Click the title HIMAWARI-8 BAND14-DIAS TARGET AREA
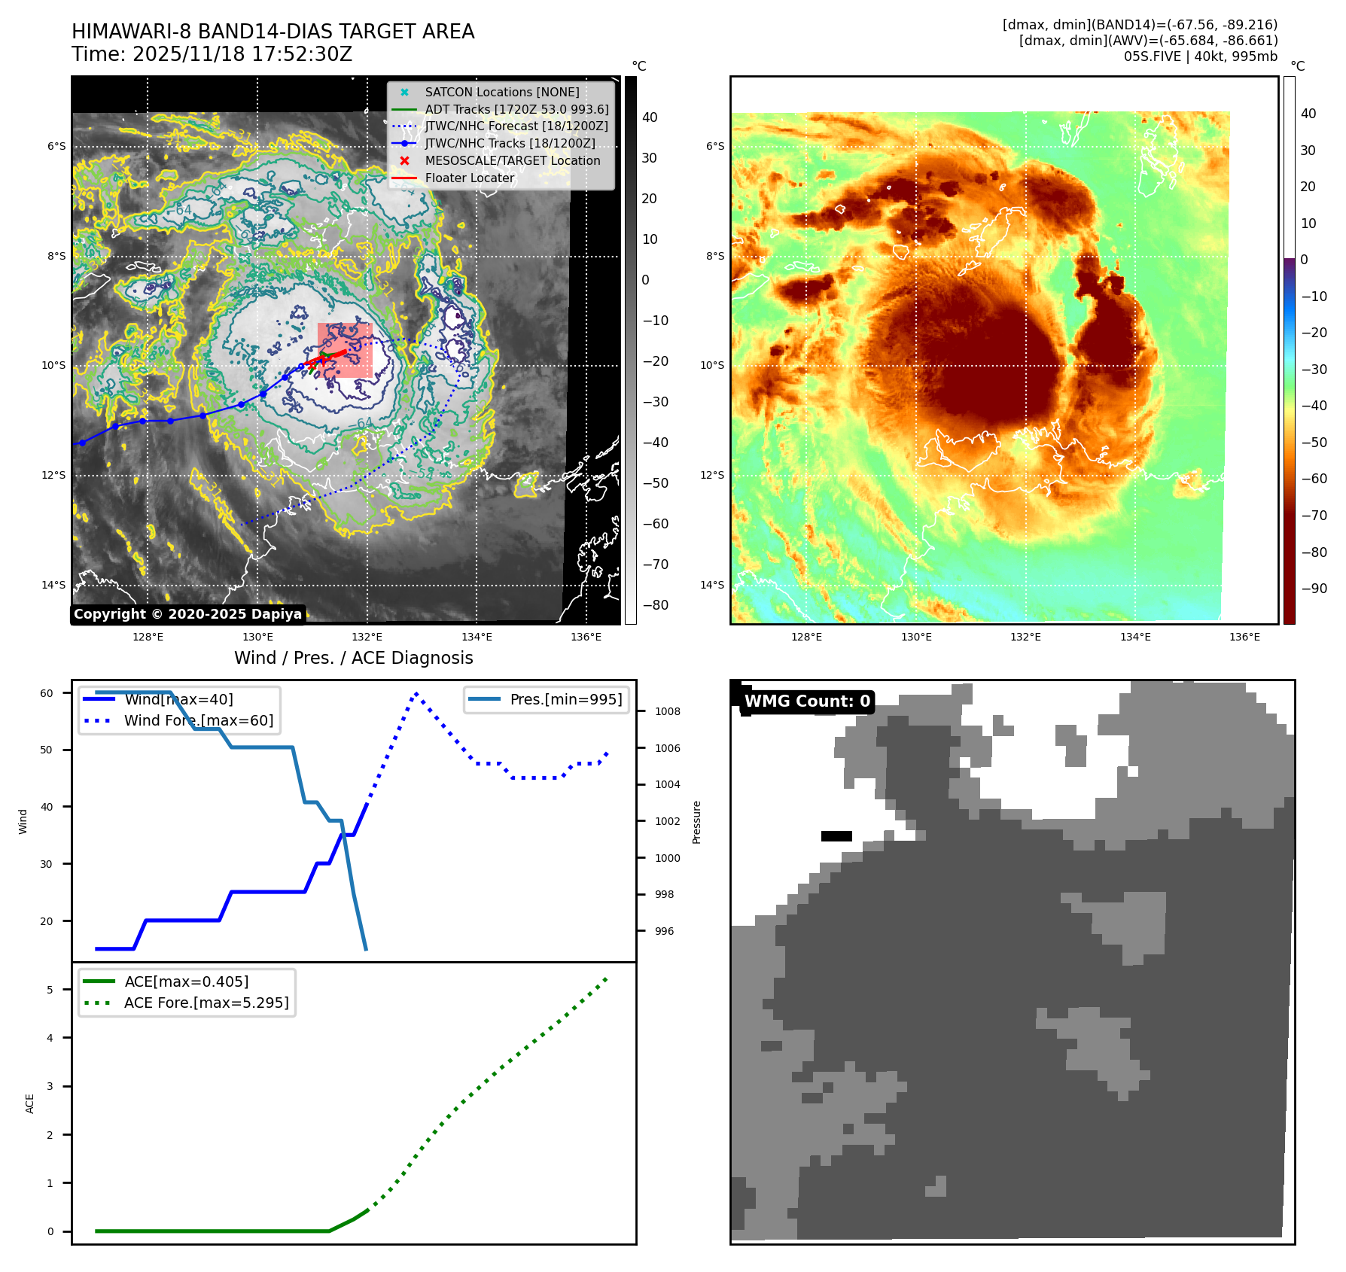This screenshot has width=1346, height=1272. (273, 32)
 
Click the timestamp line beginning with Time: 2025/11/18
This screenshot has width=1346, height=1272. (212, 54)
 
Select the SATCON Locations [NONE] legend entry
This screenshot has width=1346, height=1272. (501, 92)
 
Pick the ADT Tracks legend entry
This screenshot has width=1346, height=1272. (516, 109)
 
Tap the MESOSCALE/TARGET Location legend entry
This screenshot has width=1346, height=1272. (512, 160)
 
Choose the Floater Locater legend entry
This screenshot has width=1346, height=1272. (469, 178)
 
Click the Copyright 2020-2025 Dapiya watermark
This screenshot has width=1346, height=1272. (187, 614)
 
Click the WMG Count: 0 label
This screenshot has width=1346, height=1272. (807, 701)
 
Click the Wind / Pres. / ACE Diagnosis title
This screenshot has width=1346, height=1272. (353, 658)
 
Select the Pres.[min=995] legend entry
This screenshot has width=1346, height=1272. (565, 699)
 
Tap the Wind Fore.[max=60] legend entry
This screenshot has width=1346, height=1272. (199, 720)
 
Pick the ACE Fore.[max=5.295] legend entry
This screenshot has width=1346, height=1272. (206, 1003)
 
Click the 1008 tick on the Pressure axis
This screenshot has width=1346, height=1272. (667, 711)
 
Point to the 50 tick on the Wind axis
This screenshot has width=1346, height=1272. (47, 750)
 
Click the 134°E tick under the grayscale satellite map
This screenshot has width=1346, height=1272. (477, 637)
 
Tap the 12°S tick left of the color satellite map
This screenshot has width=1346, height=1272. (712, 475)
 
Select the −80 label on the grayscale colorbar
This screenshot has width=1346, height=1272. (655, 605)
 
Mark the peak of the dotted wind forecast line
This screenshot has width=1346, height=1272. (416, 693)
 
